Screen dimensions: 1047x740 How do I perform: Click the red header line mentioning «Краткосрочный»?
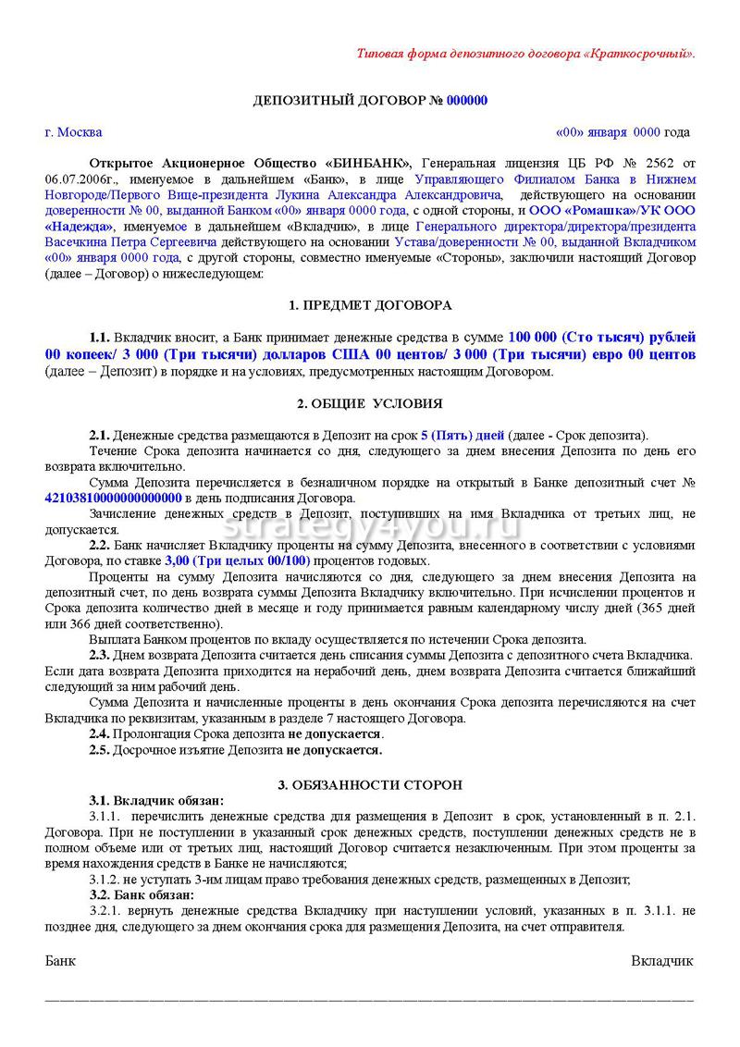click(x=524, y=53)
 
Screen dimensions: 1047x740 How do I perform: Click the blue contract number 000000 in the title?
click(x=466, y=101)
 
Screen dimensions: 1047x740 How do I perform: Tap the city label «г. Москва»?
click(x=73, y=132)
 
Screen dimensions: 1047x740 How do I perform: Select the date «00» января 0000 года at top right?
click(x=622, y=132)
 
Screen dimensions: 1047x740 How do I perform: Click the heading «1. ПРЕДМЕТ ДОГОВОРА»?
click(x=370, y=305)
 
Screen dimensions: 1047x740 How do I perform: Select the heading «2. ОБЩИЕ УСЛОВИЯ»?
click(x=370, y=403)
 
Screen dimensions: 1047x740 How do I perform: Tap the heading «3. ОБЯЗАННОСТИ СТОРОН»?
click(x=370, y=785)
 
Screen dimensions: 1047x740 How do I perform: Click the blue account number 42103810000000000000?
click(x=113, y=498)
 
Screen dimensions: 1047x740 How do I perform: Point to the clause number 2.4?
click(x=99, y=733)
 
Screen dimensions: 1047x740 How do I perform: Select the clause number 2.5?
click(x=99, y=749)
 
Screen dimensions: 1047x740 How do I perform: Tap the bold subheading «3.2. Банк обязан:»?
click(x=142, y=895)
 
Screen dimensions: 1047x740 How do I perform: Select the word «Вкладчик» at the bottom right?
click(x=662, y=960)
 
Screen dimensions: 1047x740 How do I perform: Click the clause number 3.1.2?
click(x=105, y=880)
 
